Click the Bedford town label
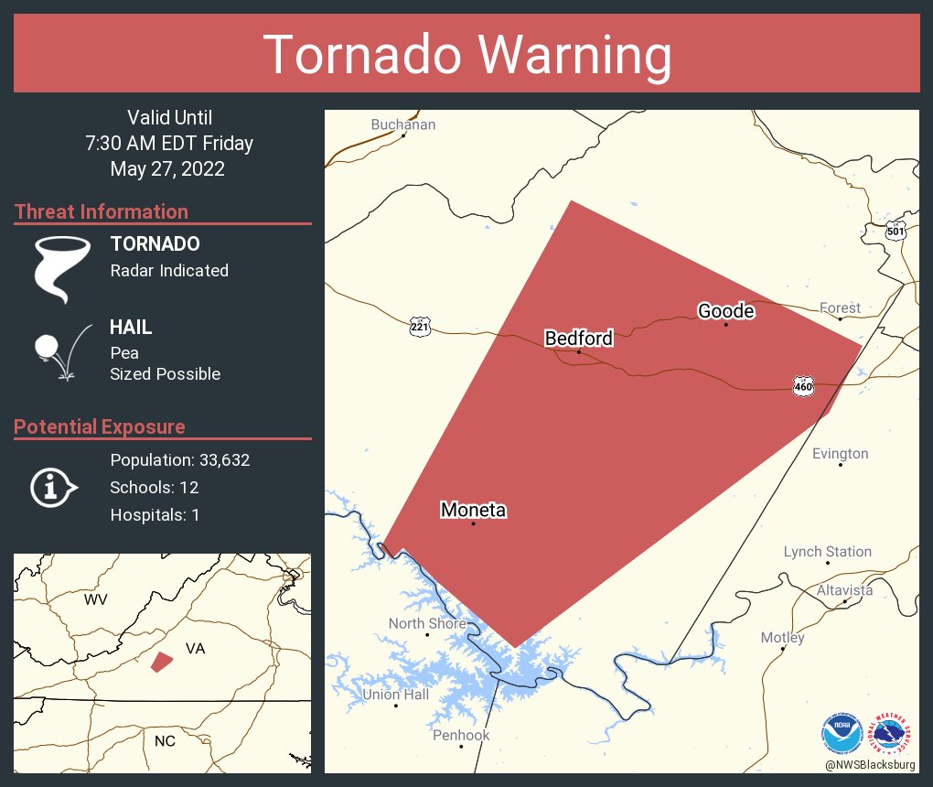coord(578,339)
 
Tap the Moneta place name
coord(473,510)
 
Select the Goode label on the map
coord(725,311)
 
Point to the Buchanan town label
coord(402,124)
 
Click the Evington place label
coord(840,454)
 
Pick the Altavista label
coord(844,590)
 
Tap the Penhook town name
coord(461,735)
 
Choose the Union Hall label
coord(395,695)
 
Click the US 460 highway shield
coord(803,387)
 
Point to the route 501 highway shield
coord(895,231)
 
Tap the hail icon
coord(60,351)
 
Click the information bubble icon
coord(54,488)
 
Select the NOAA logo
coord(841,733)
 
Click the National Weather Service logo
coord(893,733)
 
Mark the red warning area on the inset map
coord(162,662)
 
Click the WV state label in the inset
coord(95,599)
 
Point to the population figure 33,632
coord(219,459)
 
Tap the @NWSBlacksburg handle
coord(869,764)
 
